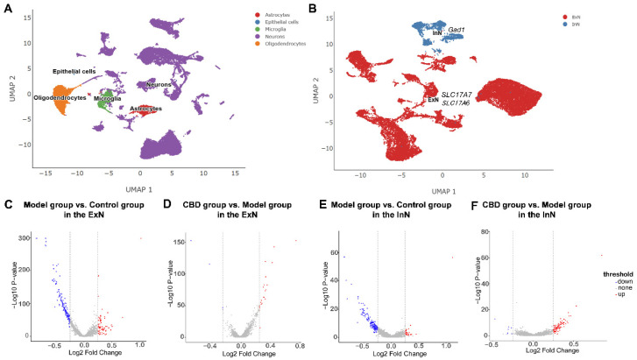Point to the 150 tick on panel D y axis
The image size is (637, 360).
[x=187, y=240]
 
